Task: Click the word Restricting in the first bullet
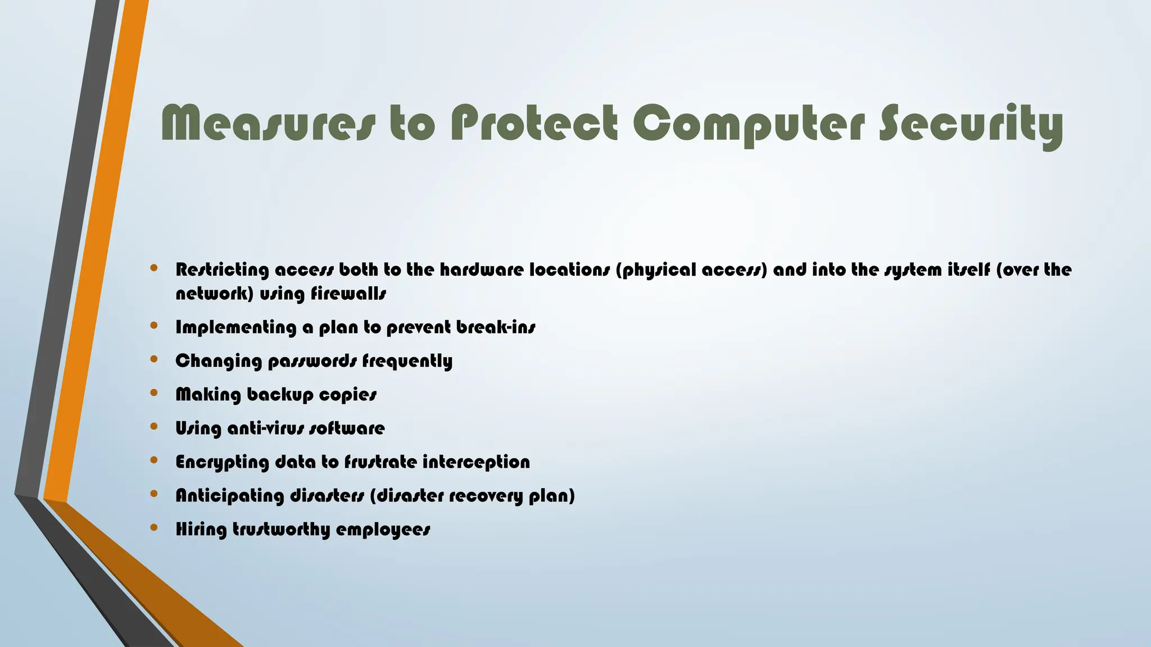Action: click(x=223, y=270)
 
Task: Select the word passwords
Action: click(x=312, y=361)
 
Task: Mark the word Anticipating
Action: click(x=230, y=496)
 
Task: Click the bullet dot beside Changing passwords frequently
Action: click(x=154, y=359)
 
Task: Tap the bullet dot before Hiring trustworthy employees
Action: click(x=154, y=527)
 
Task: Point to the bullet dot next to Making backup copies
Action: click(x=154, y=393)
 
